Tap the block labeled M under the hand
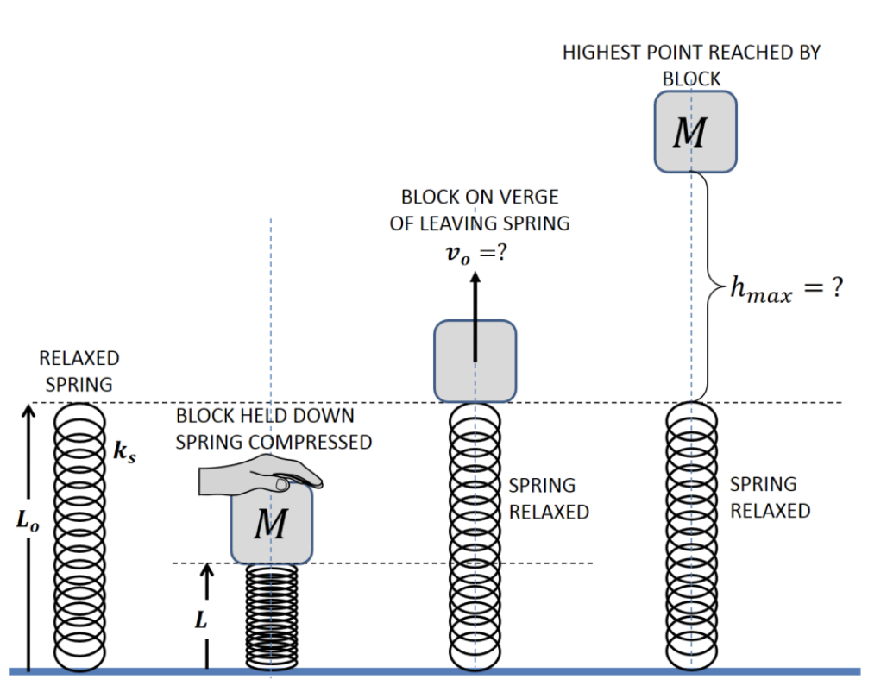[270, 525]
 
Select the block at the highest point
[695, 131]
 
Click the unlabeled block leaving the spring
[475, 361]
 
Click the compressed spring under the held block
[271, 616]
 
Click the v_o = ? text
[473, 258]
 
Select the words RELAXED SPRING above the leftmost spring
[79, 371]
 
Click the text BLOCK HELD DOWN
[265, 415]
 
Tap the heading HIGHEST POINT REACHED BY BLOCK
[691, 65]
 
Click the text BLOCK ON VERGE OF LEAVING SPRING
[480, 211]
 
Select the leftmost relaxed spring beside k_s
[80, 535]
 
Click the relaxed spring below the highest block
[691, 535]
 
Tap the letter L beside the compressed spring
[200, 621]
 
